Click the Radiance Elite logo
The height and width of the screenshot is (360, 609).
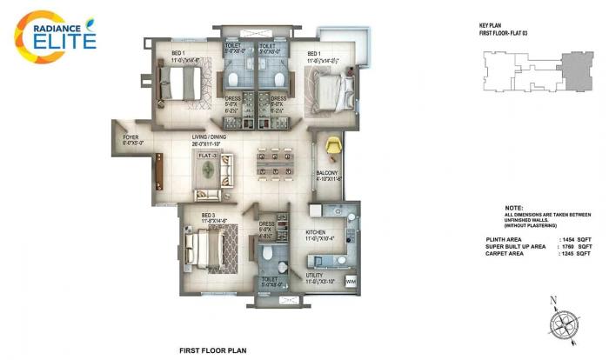tap(54, 33)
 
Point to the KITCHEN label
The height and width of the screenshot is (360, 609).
tap(315, 232)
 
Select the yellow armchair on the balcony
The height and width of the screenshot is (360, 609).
tap(331, 145)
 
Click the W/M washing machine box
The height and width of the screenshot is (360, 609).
tap(351, 282)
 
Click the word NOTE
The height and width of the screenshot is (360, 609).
tap(513, 209)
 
